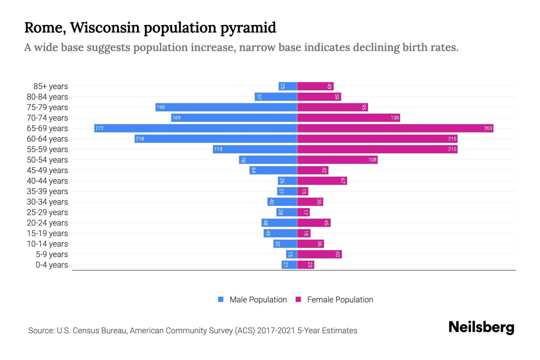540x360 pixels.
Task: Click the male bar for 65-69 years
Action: pyautogui.click(x=196, y=128)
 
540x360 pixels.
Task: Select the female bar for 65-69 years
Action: pyautogui.click(x=395, y=128)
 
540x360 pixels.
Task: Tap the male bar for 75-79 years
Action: pyautogui.click(x=226, y=107)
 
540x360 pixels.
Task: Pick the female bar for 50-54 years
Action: pyautogui.click(x=337, y=160)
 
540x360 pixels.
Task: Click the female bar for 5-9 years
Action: pyautogui.click(x=319, y=254)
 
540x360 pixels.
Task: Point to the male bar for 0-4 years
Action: pyautogui.click(x=289, y=265)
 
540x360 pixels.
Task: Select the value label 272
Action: pyautogui.click(x=99, y=128)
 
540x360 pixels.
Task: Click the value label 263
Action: pyautogui.click(x=488, y=128)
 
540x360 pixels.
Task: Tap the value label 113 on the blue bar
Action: pyautogui.click(x=218, y=149)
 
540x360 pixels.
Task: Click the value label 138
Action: pyautogui.click(x=394, y=118)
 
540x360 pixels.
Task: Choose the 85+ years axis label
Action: pyautogui.click(x=51, y=86)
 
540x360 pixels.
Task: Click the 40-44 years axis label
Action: pyautogui.click(x=47, y=181)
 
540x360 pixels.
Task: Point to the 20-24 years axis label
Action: pyautogui.click(x=47, y=223)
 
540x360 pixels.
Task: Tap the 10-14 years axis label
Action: pyautogui.click(x=47, y=244)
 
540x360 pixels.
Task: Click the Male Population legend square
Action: pyautogui.click(x=221, y=299)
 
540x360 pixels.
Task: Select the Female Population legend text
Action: pyautogui.click(x=340, y=299)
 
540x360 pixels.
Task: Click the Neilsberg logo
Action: pyautogui.click(x=481, y=327)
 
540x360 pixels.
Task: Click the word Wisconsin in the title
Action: pyautogui.click(x=105, y=28)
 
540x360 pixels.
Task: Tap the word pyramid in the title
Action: pyautogui.click(x=248, y=28)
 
